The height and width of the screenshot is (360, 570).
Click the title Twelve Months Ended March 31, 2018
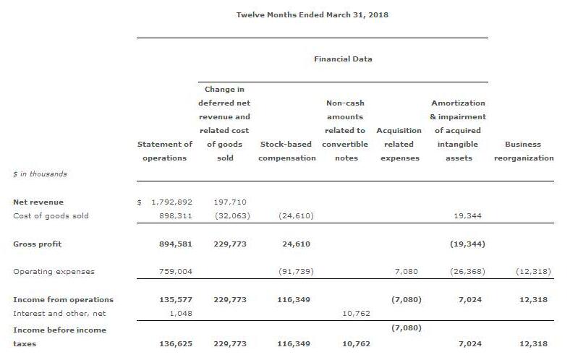(x=312, y=14)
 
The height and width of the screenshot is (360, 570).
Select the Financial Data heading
(x=343, y=59)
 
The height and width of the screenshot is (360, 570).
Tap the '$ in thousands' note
(x=40, y=173)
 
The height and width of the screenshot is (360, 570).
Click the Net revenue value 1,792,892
(x=171, y=202)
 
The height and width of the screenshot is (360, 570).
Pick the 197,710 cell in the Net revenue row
(x=231, y=202)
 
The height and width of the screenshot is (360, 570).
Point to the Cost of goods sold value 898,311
(x=175, y=215)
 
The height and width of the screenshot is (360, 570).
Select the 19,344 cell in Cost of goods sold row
(x=467, y=215)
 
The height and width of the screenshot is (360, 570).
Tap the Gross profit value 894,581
(x=175, y=244)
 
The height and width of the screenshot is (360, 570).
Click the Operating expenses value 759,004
(x=175, y=272)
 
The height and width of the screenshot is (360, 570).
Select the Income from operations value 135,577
(x=175, y=299)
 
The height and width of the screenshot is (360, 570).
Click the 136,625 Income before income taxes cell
(x=175, y=344)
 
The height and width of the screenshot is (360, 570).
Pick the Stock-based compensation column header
(x=286, y=151)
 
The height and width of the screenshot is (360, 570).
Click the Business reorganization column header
(x=524, y=151)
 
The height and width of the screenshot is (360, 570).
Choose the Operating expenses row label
(x=54, y=272)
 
